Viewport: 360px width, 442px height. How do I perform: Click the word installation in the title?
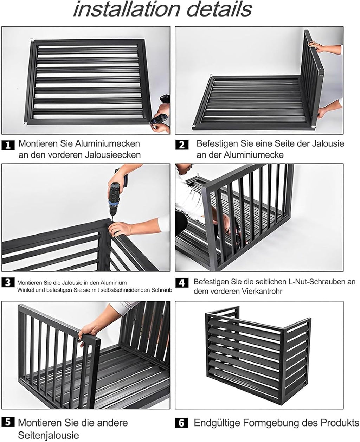pos(127,9)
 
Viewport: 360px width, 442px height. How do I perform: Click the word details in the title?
pos(219,9)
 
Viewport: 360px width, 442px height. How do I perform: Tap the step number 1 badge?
pos(8,145)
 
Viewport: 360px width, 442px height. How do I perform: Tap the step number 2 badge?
pos(182,145)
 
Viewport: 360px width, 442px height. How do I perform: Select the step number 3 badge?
pos(8,282)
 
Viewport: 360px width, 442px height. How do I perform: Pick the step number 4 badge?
pos(182,283)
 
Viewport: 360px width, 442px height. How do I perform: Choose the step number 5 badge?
pos(8,423)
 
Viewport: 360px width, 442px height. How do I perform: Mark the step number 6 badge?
pos(181,423)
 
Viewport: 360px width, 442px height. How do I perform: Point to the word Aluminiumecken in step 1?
pos(108,143)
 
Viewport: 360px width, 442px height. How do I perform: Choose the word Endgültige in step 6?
pos(217,423)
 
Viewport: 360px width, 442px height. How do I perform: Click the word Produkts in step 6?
pos(340,423)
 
